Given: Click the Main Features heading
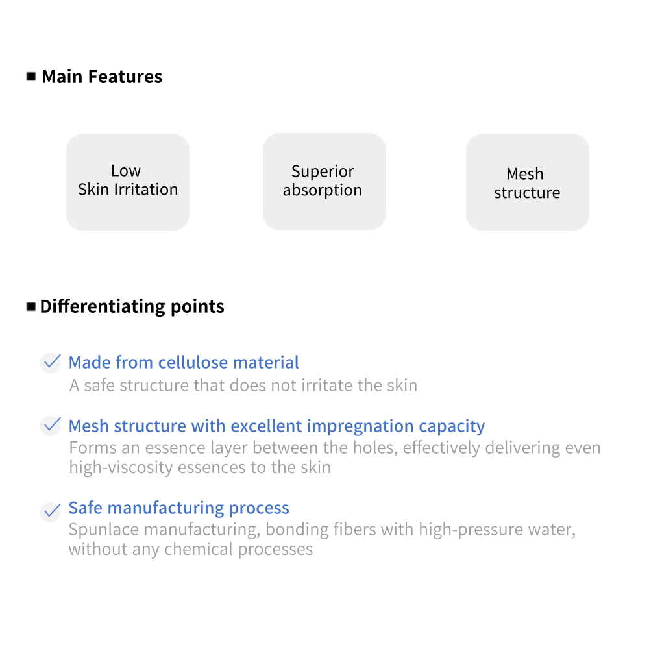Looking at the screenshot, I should point(102,77).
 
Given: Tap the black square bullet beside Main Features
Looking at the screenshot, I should point(31,77).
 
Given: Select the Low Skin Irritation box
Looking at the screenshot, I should point(128,182).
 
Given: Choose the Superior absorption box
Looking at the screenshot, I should point(324,182).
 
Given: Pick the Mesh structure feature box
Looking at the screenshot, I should point(527,182).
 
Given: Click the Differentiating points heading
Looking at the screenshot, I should point(132,306).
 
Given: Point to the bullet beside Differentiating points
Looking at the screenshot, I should point(31,306).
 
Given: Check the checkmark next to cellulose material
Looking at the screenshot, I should point(51,362).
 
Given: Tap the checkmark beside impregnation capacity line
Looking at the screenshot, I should point(51,426).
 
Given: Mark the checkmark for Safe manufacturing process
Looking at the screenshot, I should point(51,511).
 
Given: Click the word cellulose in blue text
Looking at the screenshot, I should point(193,362).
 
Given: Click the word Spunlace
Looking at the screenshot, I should point(104,529).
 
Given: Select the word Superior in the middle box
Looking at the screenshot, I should point(323,171).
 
